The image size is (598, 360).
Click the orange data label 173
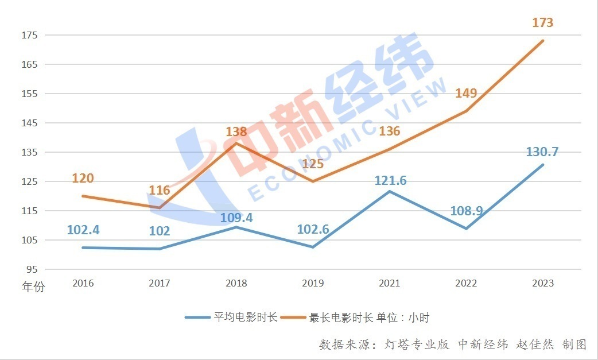pyautogui.click(x=542, y=23)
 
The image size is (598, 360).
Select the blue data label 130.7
pyautogui.click(x=542, y=152)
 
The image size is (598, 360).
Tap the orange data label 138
pyautogui.click(x=236, y=131)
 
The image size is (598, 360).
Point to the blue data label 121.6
pyautogui.click(x=390, y=180)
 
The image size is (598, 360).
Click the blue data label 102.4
pyautogui.click(x=83, y=230)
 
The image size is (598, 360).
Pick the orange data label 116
pyautogui.click(x=159, y=190)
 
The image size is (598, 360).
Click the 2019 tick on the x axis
pyautogui.click(x=313, y=283)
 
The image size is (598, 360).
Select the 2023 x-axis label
pyautogui.click(x=543, y=283)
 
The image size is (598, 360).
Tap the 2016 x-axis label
pyautogui.click(x=83, y=283)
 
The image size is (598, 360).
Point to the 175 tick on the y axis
pyautogui.click(x=29, y=35)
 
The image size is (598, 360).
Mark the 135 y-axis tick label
pyautogui.click(x=29, y=152)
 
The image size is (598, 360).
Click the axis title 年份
pyautogui.click(x=33, y=287)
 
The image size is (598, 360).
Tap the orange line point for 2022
pyautogui.click(x=466, y=111)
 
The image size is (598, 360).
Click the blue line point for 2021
pyautogui.click(x=390, y=191)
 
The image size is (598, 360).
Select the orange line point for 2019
pyautogui.click(x=313, y=181)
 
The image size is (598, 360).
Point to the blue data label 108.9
pyautogui.click(x=466, y=211)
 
